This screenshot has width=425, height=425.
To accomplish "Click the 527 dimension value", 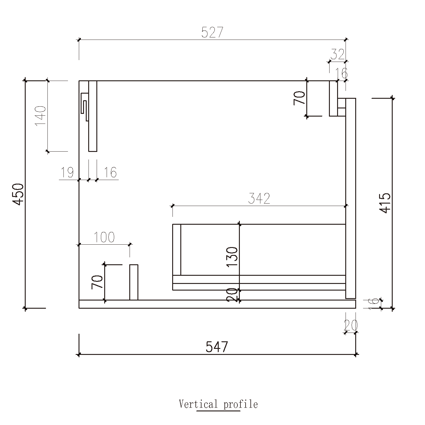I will tap(212, 33).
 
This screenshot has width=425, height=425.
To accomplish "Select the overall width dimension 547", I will tap(217, 347).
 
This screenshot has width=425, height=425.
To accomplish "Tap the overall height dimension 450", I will tap(18, 194).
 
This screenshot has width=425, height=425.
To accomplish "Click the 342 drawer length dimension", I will tap(259, 199).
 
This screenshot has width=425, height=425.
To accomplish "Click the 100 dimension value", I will tap(104, 237).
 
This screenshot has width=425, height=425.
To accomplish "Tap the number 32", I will tap(337, 55).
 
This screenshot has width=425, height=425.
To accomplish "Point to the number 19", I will tap(67, 173).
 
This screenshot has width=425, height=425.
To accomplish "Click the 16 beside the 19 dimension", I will tap(110, 173).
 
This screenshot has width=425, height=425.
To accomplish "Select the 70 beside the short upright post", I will tap(98, 282).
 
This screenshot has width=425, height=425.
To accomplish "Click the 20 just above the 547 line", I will tap(350, 325).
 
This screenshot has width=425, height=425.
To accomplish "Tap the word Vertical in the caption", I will tap(198, 404).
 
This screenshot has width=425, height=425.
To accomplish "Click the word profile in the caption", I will tap(240, 404).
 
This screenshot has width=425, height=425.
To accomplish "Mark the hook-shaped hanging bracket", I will tap(84, 106).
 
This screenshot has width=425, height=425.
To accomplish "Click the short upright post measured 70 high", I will tap(134, 282).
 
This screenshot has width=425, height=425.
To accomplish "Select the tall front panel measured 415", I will tap(351, 198).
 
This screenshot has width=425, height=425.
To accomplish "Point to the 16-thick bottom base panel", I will tap(217, 304).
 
